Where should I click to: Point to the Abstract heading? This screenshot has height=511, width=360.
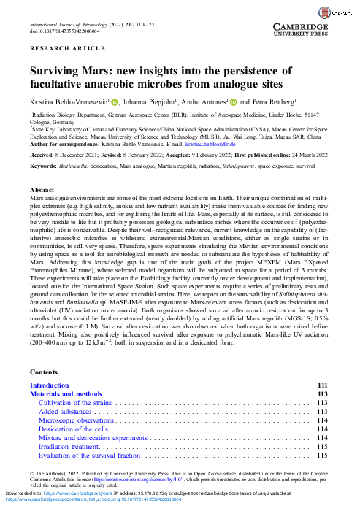tap(42, 190)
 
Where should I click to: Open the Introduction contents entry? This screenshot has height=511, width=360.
tap(54, 385)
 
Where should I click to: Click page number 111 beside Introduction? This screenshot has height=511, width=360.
tap(323, 385)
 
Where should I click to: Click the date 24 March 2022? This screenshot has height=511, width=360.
tap(313, 155)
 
